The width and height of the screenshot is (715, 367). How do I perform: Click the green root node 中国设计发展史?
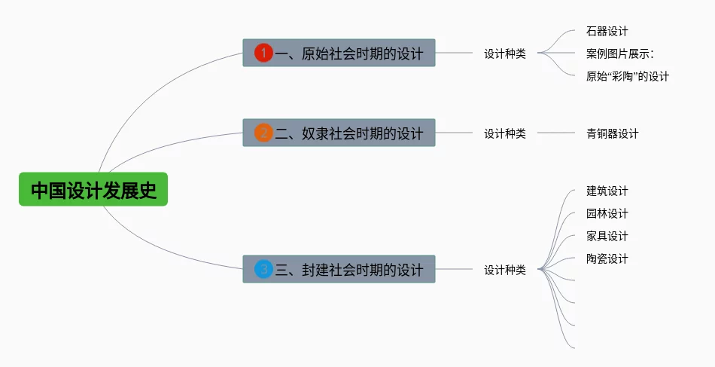[93, 190]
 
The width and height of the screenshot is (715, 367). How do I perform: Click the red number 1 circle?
[263, 53]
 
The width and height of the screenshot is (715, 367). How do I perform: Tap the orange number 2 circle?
[263, 133]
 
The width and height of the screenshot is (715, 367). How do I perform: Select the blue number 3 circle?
[263, 269]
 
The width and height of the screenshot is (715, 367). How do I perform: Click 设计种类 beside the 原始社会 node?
[504, 54]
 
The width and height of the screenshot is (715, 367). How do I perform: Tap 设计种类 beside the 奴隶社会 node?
[504, 133]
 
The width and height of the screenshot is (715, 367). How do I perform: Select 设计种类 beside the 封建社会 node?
[504, 269]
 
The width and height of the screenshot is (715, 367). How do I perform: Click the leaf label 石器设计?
[607, 32]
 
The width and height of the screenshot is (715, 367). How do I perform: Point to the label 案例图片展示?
[620, 54]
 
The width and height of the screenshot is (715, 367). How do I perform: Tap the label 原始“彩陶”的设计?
[627, 76]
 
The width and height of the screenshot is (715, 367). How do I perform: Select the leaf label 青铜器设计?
[612, 133]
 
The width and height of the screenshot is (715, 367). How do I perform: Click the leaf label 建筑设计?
[607, 191]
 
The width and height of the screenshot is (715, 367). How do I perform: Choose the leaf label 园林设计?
[607, 214]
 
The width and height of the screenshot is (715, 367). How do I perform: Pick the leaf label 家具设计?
[607, 237]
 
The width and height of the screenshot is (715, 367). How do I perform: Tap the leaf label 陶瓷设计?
[607, 259]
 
